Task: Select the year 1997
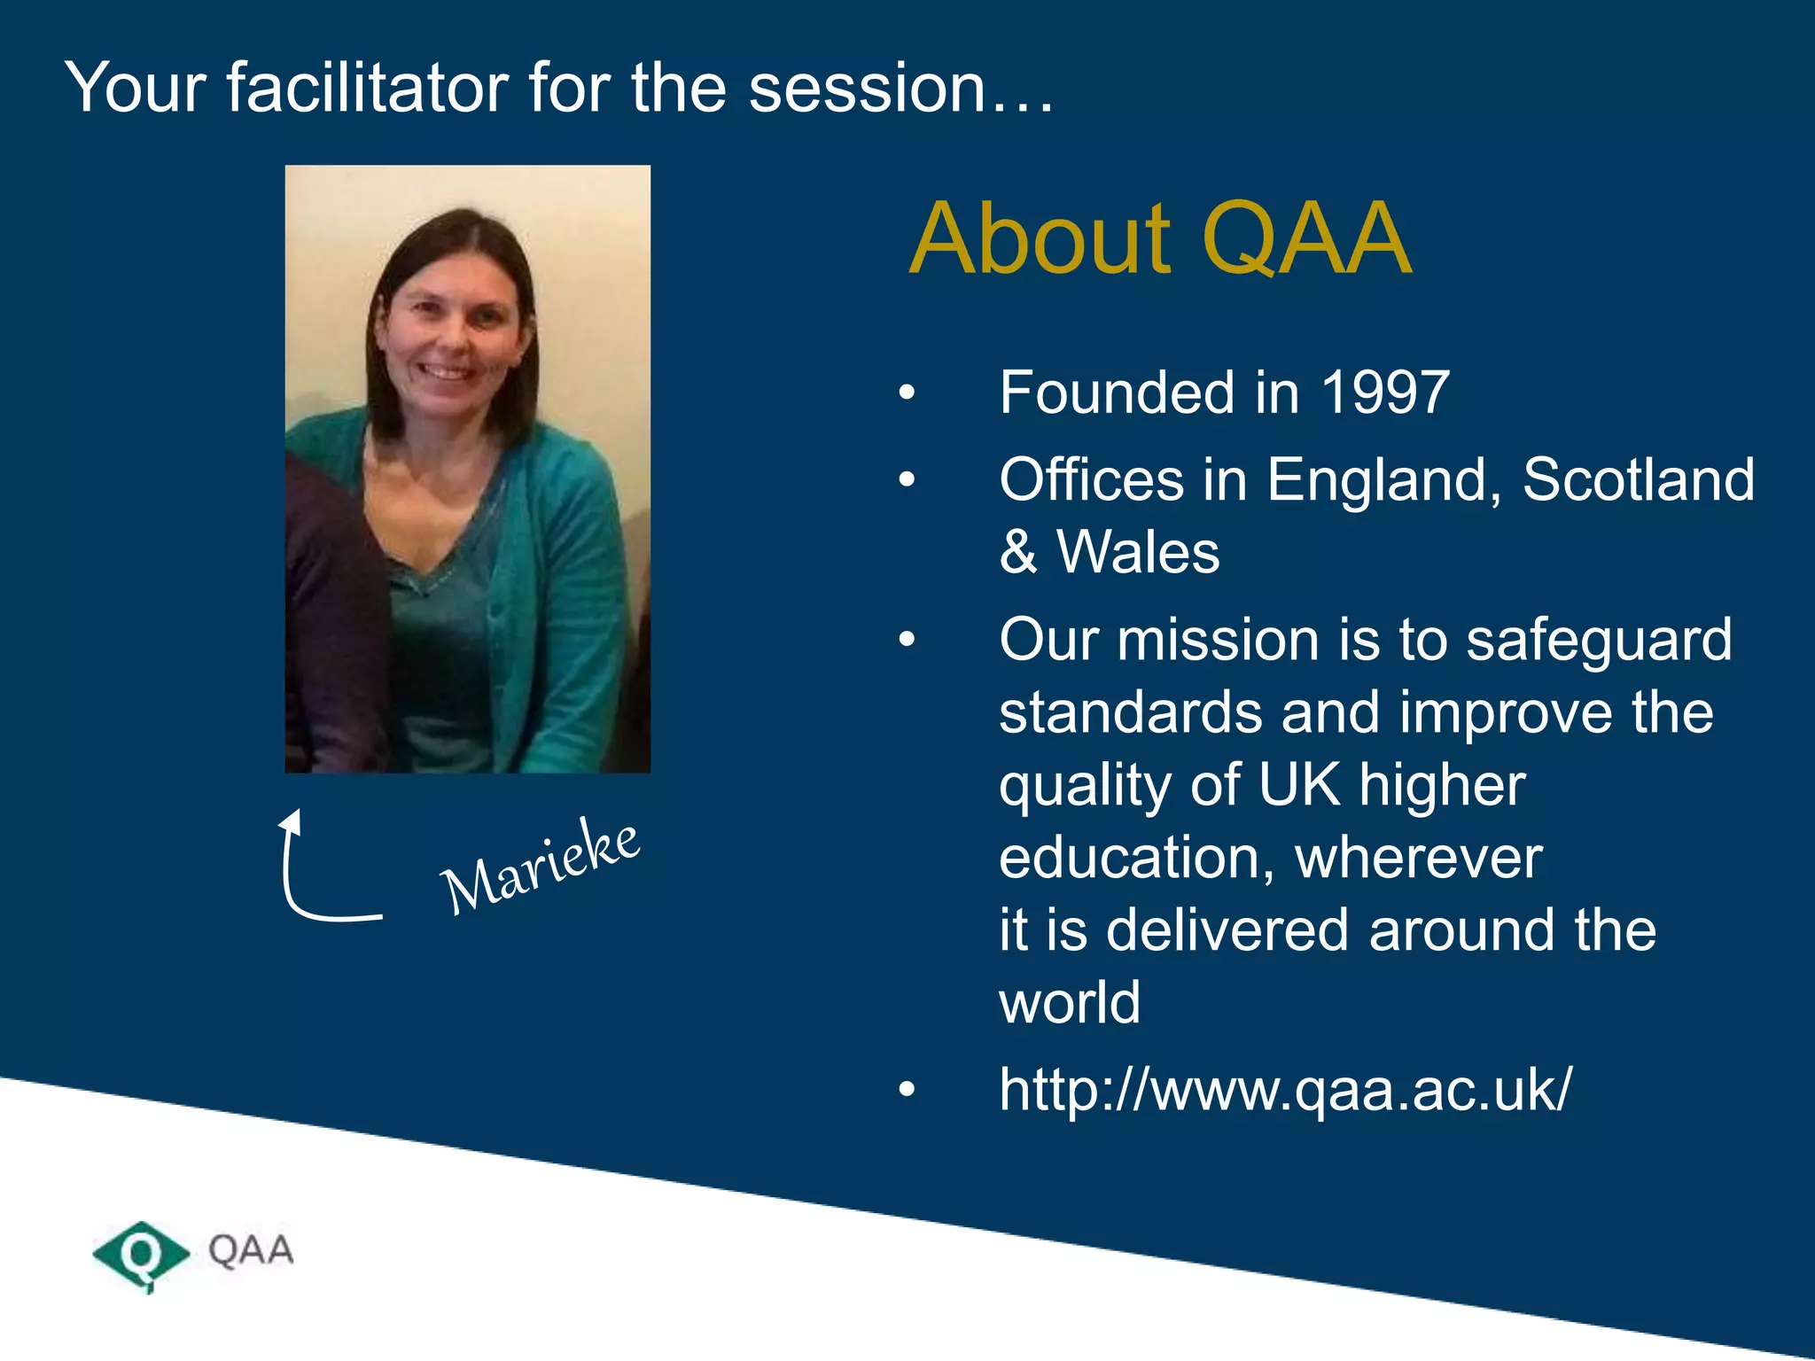(1385, 393)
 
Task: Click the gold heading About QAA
(1160, 239)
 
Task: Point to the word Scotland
(1638, 480)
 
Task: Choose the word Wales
(1138, 553)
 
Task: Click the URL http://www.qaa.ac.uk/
(1285, 1089)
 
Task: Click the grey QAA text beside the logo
(251, 1250)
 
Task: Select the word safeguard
(1598, 640)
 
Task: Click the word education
(1136, 858)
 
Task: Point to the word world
(1070, 1003)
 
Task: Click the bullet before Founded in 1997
(906, 393)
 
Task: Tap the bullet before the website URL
(906, 1090)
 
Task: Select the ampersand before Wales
(1018, 553)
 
